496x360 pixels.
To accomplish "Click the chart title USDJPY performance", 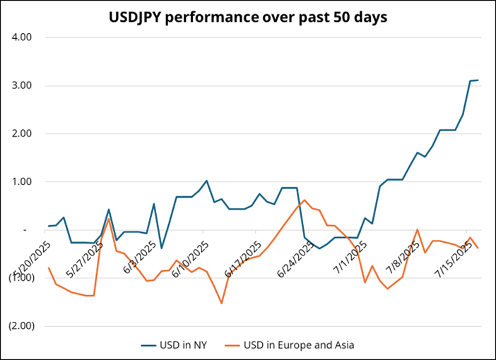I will tap(248, 18).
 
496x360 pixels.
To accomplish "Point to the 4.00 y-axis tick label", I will tap(24, 37).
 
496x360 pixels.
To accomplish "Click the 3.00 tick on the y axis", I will tap(24, 85).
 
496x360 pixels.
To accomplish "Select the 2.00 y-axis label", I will tap(24, 133).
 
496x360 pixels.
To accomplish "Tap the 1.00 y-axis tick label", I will tap(24, 181).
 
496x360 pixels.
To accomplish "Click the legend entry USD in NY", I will tap(187, 345).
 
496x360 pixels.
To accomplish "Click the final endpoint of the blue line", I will tap(478, 80).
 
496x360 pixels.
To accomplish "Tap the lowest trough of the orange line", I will tap(222, 304).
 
